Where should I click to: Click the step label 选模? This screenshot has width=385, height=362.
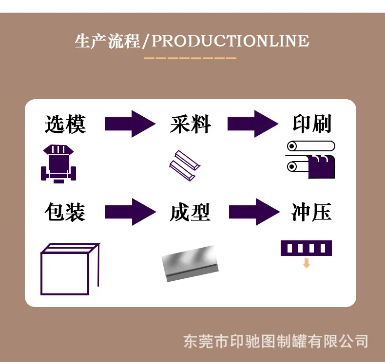[x=65, y=124]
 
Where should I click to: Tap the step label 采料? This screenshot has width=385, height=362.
[x=190, y=124]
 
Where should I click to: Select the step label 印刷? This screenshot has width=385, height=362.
[x=312, y=124]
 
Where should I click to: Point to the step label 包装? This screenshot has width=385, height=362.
[x=65, y=212]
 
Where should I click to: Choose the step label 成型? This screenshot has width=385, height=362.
[x=190, y=212]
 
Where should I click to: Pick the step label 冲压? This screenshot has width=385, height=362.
[x=311, y=212]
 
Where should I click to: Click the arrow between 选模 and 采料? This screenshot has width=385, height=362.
[x=130, y=124]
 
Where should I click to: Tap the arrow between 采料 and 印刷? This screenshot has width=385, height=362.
[x=253, y=124]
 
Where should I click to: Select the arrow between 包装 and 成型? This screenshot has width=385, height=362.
[x=131, y=212]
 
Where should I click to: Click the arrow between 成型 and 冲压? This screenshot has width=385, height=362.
[x=254, y=212]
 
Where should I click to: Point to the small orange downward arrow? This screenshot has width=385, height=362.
[x=306, y=263]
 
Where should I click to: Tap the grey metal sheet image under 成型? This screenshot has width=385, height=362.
[x=190, y=264]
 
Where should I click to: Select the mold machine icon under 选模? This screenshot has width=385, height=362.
[x=58, y=163]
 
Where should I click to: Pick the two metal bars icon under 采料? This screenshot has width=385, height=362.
[x=185, y=166]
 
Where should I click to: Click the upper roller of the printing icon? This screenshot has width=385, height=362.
[x=311, y=146]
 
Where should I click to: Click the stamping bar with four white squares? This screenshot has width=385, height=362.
[x=306, y=248]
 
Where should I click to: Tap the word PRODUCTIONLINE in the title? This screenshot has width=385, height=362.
[x=231, y=41]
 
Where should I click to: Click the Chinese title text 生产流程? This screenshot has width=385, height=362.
[x=107, y=41]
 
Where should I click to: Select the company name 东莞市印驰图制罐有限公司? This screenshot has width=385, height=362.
[x=275, y=341]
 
